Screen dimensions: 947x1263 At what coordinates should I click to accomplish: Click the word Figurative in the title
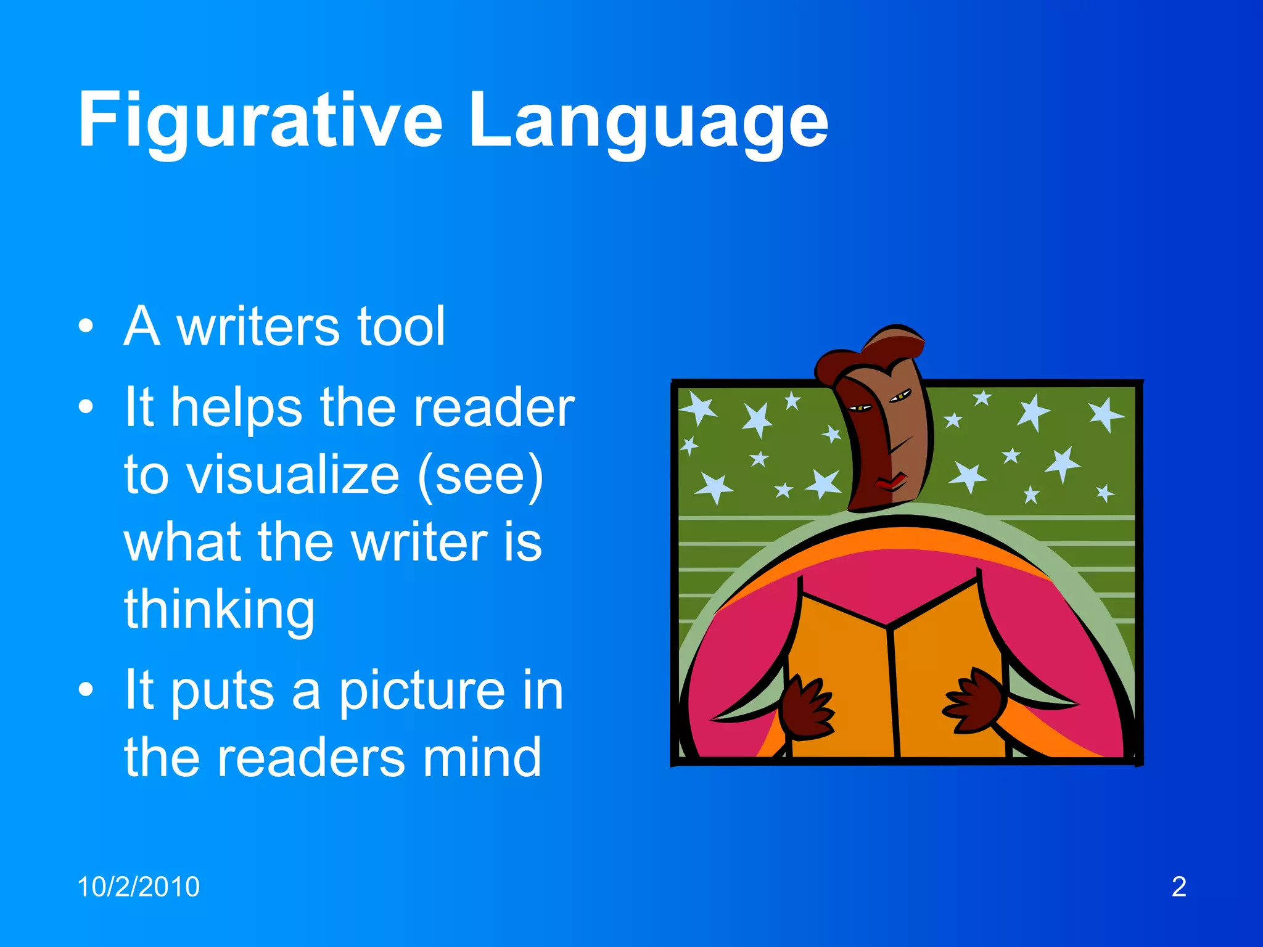260,120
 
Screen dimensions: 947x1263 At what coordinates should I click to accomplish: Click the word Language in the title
648,120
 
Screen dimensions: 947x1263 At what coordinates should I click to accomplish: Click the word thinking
220,609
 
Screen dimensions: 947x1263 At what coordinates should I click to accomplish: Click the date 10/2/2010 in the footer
138,887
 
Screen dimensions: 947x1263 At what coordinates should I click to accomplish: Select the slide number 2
1179,887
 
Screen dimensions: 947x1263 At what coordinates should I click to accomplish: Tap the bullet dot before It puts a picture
86,690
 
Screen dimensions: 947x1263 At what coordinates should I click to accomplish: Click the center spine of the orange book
892,691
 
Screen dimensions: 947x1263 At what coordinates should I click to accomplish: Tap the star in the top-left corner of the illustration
698,407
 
